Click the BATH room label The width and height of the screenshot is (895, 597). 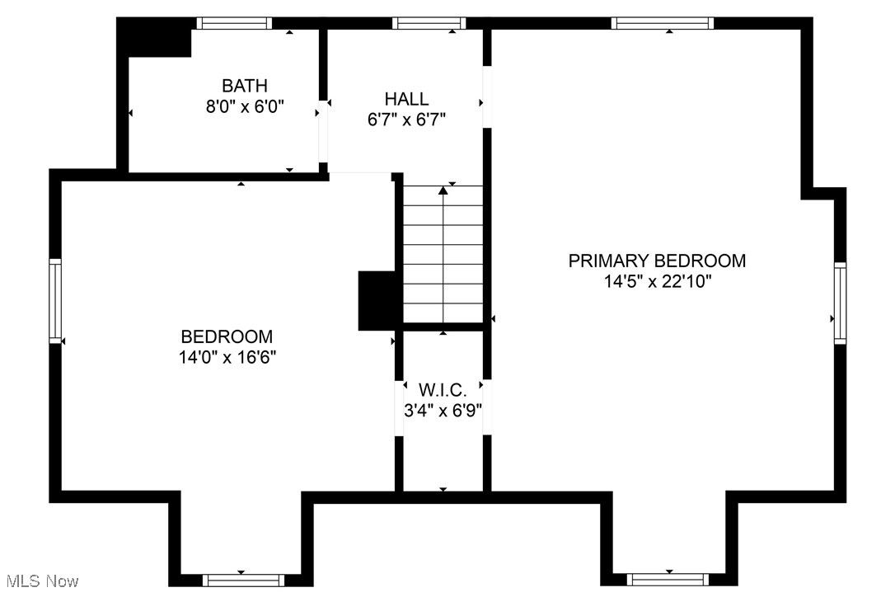[244, 85]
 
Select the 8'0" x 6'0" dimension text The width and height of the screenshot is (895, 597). [244, 106]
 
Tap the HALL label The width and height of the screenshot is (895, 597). [406, 99]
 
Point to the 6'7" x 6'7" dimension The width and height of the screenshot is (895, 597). [406, 120]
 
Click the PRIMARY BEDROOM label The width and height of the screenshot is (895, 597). [657, 261]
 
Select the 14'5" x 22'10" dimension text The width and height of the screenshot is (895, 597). [657, 281]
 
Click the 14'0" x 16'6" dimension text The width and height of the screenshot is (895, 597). [227, 357]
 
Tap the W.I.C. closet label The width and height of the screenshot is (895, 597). [443, 389]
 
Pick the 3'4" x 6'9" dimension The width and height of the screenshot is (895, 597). [443, 409]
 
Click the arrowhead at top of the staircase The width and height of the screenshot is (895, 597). [443, 190]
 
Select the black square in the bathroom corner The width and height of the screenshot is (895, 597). [155, 38]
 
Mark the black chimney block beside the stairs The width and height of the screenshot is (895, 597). [376, 301]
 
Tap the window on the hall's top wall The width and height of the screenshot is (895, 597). [429, 23]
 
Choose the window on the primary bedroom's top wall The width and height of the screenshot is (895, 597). [661, 23]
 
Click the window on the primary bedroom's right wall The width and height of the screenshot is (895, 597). [840, 302]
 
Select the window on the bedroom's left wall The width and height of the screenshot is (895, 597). [55, 299]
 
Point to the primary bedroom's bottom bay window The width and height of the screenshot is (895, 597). [668, 579]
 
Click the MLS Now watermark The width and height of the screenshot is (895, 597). [40, 581]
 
